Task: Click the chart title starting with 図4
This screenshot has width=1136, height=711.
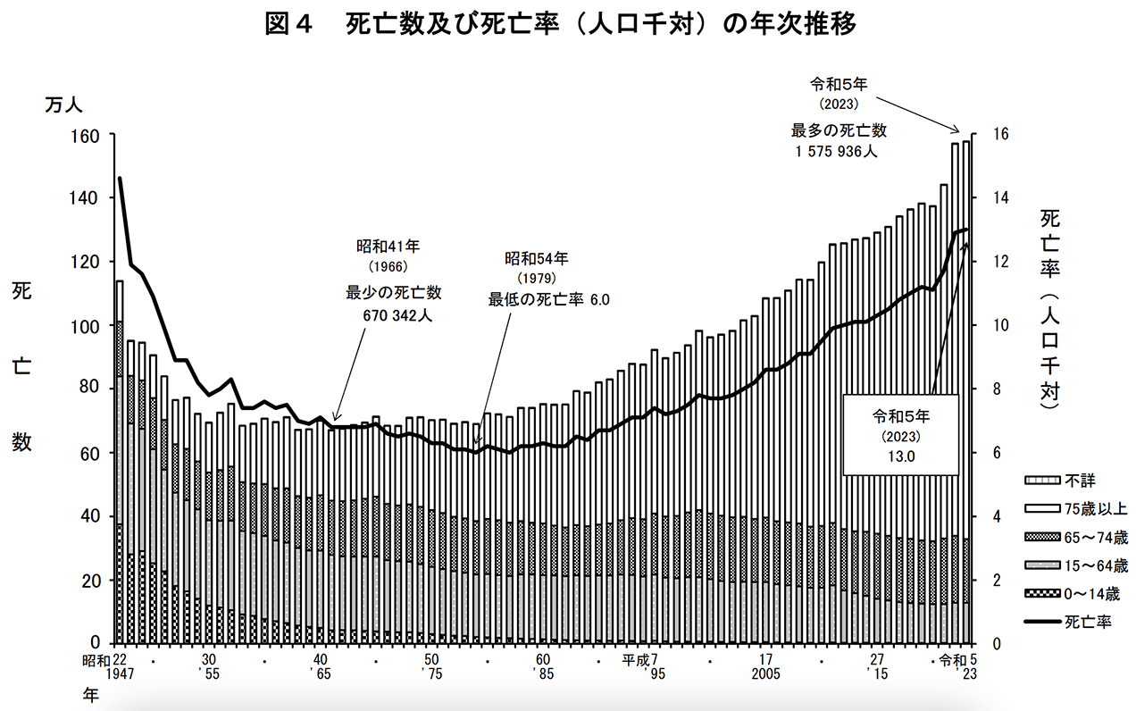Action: (x=560, y=24)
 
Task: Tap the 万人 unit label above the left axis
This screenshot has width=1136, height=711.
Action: (x=64, y=105)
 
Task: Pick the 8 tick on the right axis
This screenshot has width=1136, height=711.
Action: (x=997, y=389)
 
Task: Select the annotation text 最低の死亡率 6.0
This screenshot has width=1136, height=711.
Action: (x=548, y=299)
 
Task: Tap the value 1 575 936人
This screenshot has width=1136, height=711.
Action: (x=838, y=153)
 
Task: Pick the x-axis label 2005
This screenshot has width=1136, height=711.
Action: (x=765, y=676)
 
